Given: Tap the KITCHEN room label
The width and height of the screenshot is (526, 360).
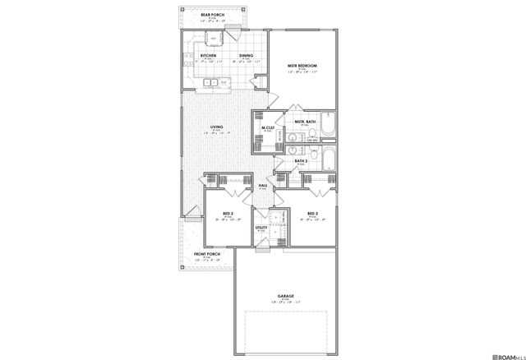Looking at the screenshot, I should click(x=208, y=56).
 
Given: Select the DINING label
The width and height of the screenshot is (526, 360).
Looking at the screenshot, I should click(x=246, y=56).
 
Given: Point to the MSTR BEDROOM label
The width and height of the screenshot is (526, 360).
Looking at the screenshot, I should click(x=302, y=66).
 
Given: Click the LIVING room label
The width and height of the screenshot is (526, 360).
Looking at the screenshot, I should click(x=217, y=127).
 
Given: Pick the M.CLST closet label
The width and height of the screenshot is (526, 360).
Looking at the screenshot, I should click(x=268, y=127).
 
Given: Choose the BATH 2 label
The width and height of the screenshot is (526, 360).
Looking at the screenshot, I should click(x=301, y=161).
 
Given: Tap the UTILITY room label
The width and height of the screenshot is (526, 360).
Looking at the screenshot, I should click(x=261, y=228).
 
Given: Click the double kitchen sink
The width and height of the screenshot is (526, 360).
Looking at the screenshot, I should click(x=213, y=83).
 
